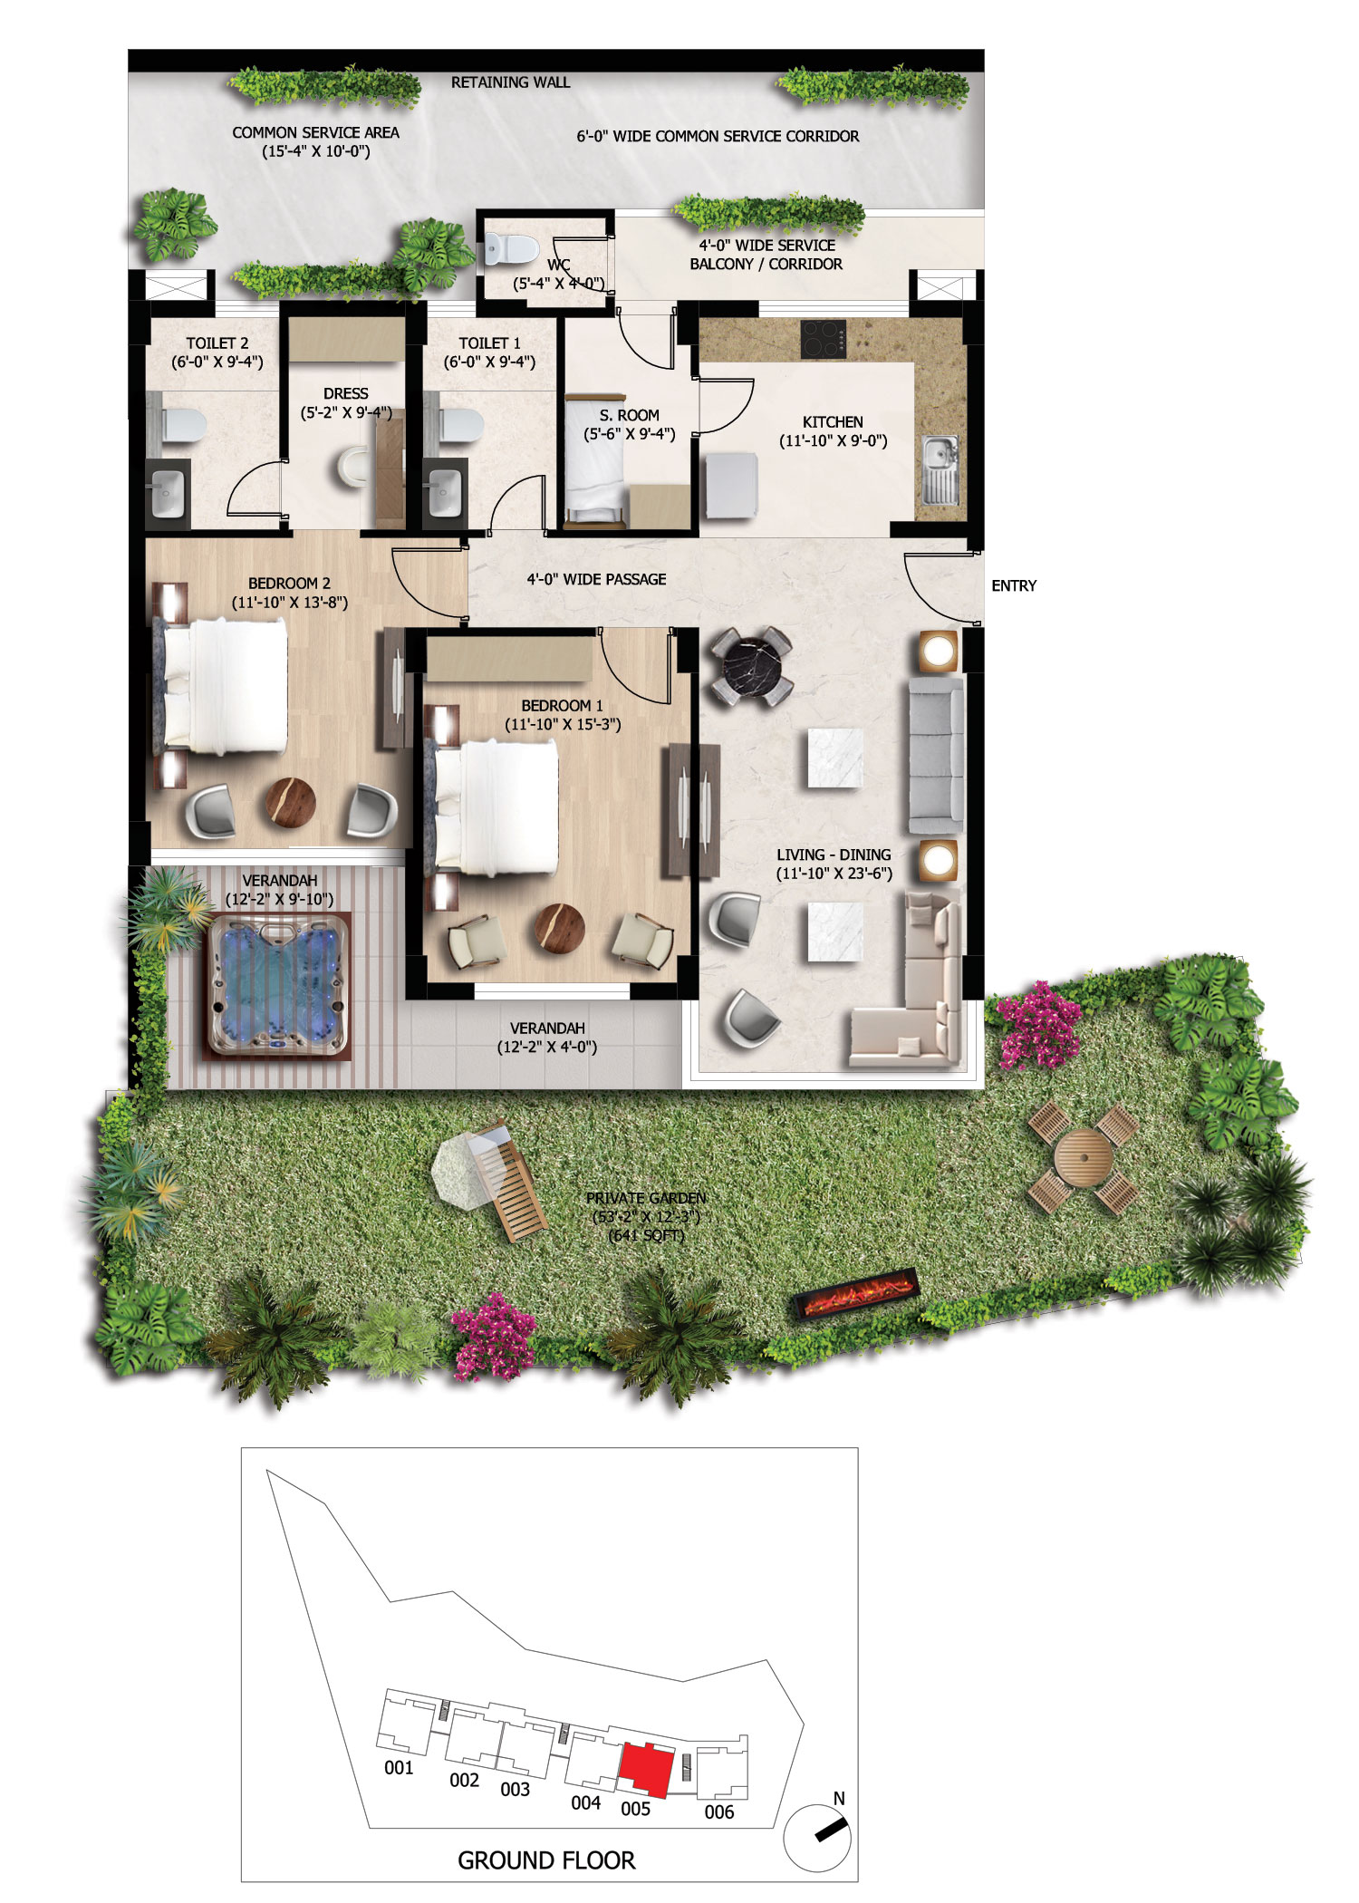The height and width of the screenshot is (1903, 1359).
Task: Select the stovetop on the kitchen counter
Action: point(824,339)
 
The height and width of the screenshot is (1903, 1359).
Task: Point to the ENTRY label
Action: point(1014,586)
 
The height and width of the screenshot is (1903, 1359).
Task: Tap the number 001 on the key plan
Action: point(399,1767)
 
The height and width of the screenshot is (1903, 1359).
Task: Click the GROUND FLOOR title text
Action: point(546,1860)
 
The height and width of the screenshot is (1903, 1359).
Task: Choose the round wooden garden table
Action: point(1083,1157)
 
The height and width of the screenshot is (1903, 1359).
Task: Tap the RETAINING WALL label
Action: point(511,82)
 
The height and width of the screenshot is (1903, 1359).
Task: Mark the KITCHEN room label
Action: point(833,422)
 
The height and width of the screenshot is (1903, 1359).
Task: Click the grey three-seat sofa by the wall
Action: point(937,755)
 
